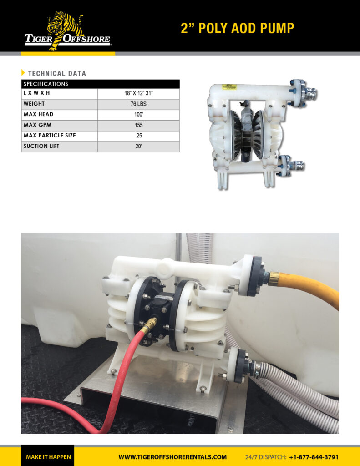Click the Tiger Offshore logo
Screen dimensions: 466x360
(67, 31)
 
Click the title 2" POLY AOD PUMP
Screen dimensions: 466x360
(237, 28)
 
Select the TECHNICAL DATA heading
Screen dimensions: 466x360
(57, 73)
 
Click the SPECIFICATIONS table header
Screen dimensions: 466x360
(46, 84)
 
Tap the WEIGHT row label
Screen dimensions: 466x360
(34, 104)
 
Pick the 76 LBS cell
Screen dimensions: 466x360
(138, 104)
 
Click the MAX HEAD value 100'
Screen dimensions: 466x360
(138, 115)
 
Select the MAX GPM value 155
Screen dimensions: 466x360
(138, 125)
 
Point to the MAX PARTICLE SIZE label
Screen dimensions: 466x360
(50, 136)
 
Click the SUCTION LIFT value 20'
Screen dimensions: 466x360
(138, 147)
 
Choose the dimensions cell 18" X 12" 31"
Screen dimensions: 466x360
(138, 93)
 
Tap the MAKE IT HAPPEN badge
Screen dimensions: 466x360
(48, 457)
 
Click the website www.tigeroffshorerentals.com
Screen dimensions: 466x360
(172, 457)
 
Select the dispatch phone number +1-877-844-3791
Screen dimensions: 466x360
(314, 457)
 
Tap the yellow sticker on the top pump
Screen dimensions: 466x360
(229, 86)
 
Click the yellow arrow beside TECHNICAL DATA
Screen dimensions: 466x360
(23, 73)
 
